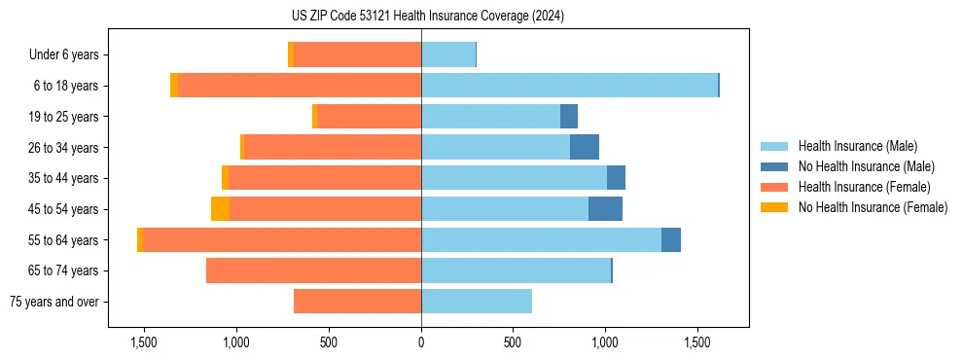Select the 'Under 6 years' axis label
pos(63,54)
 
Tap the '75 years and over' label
pos(53,302)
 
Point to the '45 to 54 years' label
pos(64,209)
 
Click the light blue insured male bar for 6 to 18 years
pos(569,86)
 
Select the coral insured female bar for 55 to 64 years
pos(282,240)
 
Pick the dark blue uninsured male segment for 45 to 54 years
pos(605,209)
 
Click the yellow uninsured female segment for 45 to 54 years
pos(220,209)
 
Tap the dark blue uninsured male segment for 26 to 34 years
pos(585,148)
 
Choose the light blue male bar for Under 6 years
pos(448,54)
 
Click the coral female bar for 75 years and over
pos(357,302)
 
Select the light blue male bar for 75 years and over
pos(477,302)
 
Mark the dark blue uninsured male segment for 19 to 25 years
pos(569,117)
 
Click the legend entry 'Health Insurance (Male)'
pos(857,146)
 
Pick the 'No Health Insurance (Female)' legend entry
pos(873,207)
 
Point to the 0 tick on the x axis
pos(421,342)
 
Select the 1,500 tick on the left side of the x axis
pos(144,342)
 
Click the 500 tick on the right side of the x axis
pos(513,342)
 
